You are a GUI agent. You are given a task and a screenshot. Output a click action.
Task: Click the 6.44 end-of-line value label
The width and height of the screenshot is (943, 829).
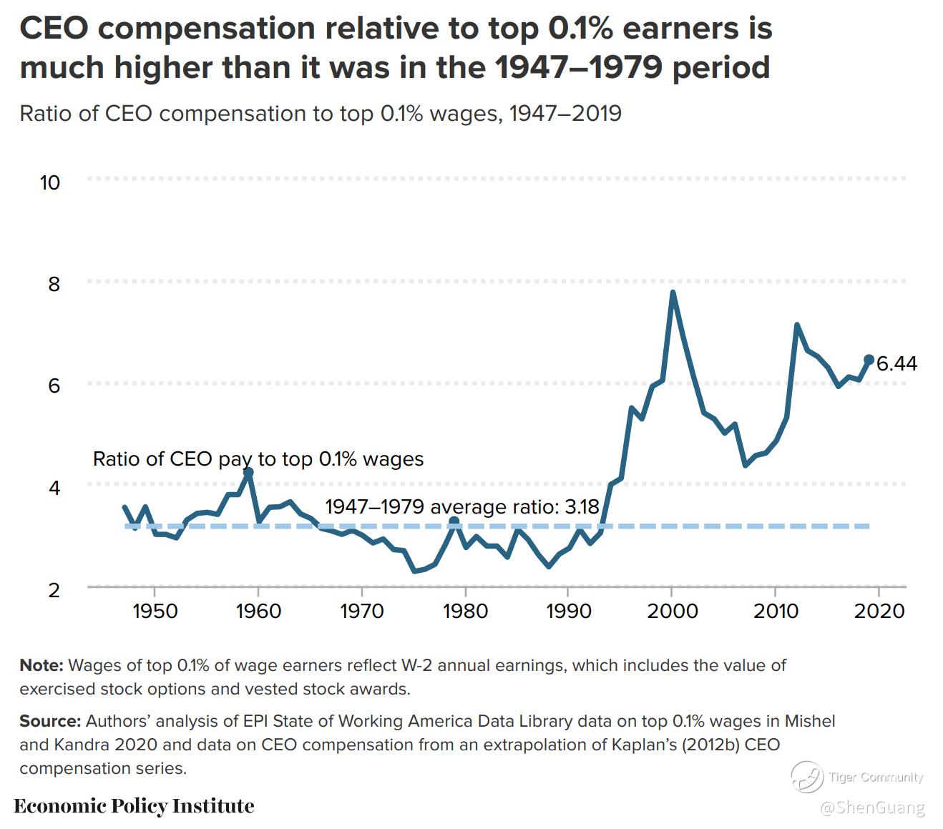point(896,364)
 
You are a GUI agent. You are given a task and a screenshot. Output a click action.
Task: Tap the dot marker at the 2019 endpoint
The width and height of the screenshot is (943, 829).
point(869,360)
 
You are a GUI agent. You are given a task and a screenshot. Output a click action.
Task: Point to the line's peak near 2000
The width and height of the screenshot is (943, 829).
point(673,293)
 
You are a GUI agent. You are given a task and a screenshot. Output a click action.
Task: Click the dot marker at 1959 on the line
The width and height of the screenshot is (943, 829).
point(248,473)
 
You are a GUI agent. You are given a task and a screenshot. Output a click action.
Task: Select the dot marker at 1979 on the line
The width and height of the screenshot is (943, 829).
point(454,521)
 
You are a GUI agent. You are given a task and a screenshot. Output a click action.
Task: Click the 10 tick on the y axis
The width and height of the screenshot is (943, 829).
point(50,183)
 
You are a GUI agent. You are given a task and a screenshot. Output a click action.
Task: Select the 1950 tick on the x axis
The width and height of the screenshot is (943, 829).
point(155,612)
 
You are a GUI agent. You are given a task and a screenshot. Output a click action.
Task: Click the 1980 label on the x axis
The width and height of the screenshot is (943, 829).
point(465,612)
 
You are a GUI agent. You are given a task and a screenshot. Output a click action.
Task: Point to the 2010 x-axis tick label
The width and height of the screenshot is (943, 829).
point(776,612)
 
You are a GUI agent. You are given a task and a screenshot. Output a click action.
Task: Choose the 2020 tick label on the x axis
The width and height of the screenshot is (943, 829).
point(879,612)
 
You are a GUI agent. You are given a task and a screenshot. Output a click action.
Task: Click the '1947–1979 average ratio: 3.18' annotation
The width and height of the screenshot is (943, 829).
point(461,507)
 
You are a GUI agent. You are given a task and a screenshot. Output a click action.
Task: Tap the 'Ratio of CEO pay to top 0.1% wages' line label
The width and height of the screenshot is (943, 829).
point(258,459)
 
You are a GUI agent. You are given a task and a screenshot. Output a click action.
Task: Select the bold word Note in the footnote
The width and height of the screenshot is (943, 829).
point(41,666)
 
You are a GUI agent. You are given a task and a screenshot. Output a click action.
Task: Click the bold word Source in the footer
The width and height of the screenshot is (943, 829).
point(49,721)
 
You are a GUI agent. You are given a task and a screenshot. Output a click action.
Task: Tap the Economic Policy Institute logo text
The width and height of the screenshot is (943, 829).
point(134,806)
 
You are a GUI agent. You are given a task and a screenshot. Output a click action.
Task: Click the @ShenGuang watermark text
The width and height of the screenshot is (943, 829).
point(872,808)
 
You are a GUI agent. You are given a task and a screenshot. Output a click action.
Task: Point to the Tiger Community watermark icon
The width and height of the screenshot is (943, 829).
point(806,777)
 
